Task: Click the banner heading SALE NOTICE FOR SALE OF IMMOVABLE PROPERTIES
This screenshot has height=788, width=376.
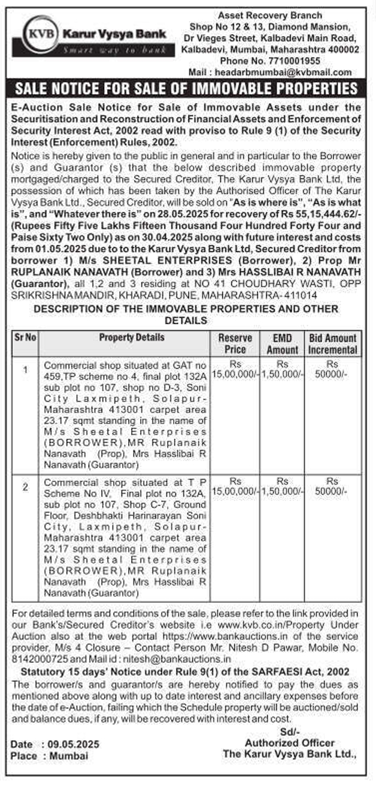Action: [x=187, y=90]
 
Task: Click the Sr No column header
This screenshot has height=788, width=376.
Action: [x=25, y=337]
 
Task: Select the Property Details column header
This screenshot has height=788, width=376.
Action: [x=132, y=337]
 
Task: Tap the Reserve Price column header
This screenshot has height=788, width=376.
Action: [x=235, y=343]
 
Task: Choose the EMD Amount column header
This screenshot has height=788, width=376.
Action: [x=282, y=343]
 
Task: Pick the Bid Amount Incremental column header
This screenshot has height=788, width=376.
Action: [x=333, y=343]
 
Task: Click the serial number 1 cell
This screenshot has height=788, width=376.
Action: [x=25, y=370]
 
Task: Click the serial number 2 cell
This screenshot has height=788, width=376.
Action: [x=25, y=487]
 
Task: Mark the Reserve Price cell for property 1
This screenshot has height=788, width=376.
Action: [x=235, y=369]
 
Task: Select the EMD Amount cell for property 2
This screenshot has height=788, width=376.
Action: [x=282, y=486]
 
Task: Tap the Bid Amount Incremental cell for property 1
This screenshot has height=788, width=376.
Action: [x=333, y=369]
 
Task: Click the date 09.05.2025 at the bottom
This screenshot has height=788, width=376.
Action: [x=71, y=744]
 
